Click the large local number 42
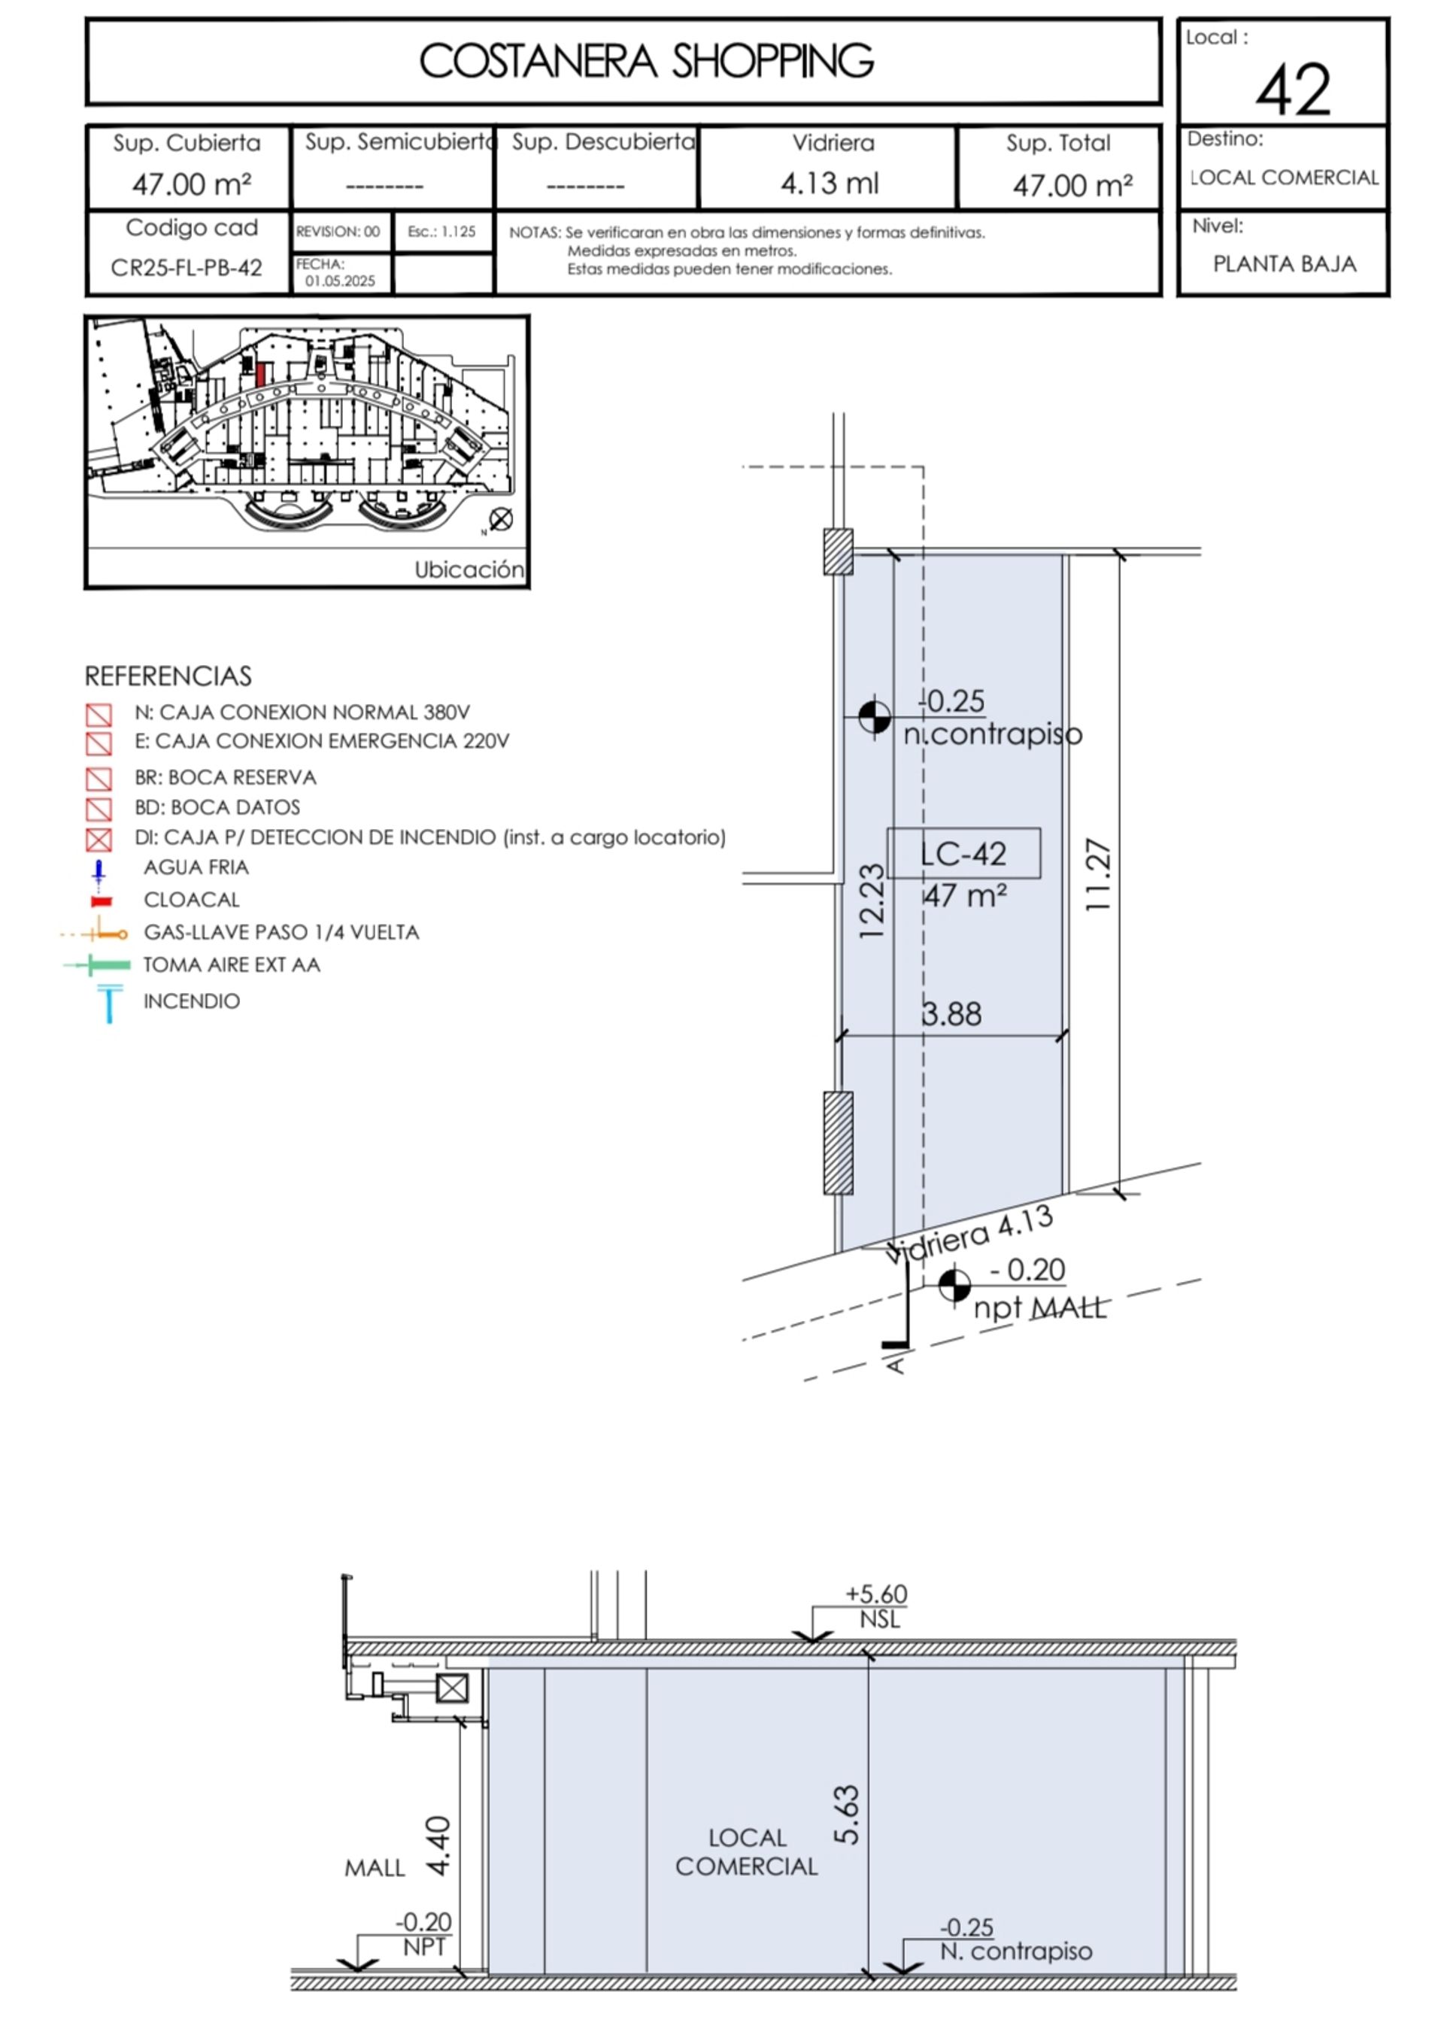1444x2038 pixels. pos(1293,90)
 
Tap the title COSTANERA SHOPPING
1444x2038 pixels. pos(647,62)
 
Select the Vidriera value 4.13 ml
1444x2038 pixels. pos(830,184)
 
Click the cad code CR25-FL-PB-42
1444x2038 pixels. pos(187,268)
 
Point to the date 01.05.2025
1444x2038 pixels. pos(341,281)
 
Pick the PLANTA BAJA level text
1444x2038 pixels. pos(1285,264)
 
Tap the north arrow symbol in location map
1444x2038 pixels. pos(501,519)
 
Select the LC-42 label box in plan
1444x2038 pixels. pos(964,854)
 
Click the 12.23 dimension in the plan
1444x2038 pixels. pos(872,901)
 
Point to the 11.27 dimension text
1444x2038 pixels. pos(1098,874)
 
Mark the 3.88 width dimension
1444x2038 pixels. pos(951,1013)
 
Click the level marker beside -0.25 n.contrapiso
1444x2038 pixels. pos(874,717)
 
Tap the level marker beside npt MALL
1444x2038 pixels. pos(954,1285)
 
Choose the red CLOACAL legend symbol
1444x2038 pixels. pos(102,901)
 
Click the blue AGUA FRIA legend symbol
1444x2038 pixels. pos(99,872)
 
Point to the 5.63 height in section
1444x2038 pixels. pos(847,1815)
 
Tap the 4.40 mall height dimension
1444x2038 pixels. pos(438,1846)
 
